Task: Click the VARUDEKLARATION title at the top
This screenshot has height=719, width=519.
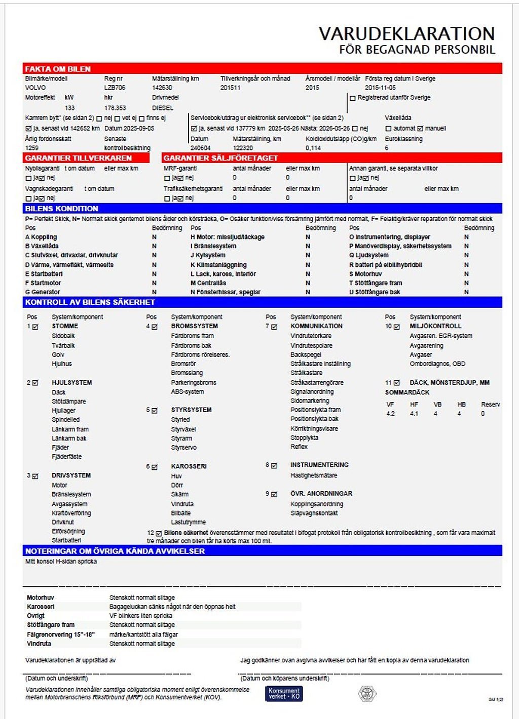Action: click(x=406, y=34)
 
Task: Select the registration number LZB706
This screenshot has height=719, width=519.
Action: click(x=115, y=88)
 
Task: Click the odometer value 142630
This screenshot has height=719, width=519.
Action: click(x=162, y=88)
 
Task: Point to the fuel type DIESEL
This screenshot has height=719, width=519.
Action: click(x=163, y=108)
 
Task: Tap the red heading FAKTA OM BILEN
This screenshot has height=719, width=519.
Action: click(x=58, y=69)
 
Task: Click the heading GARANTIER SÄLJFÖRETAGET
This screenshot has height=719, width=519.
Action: click(x=220, y=158)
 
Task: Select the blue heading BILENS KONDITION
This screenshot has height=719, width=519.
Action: click(x=61, y=209)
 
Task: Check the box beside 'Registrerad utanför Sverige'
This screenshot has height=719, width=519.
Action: click(x=353, y=98)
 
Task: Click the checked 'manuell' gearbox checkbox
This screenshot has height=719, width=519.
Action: click(x=420, y=129)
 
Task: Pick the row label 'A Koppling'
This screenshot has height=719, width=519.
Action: click(x=41, y=237)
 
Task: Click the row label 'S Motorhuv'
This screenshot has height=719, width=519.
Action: click(x=365, y=274)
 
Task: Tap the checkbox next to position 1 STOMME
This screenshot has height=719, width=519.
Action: click(x=35, y=327)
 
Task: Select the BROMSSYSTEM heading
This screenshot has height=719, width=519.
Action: click(x=194, y=326)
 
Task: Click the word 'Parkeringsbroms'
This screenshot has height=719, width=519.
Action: click(x=194, y=383)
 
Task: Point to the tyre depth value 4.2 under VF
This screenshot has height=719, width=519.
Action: click(x=390, y=414)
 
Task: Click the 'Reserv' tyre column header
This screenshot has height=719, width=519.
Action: click(x=490, y=405)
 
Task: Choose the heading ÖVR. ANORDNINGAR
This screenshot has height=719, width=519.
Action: click(x=321, y=494)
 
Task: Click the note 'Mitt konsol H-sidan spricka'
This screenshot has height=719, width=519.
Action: click(x=61, y=562)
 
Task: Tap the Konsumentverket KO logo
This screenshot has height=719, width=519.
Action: click(x=284, y=694)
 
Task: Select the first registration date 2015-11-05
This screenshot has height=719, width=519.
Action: click(x=380, y=88)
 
